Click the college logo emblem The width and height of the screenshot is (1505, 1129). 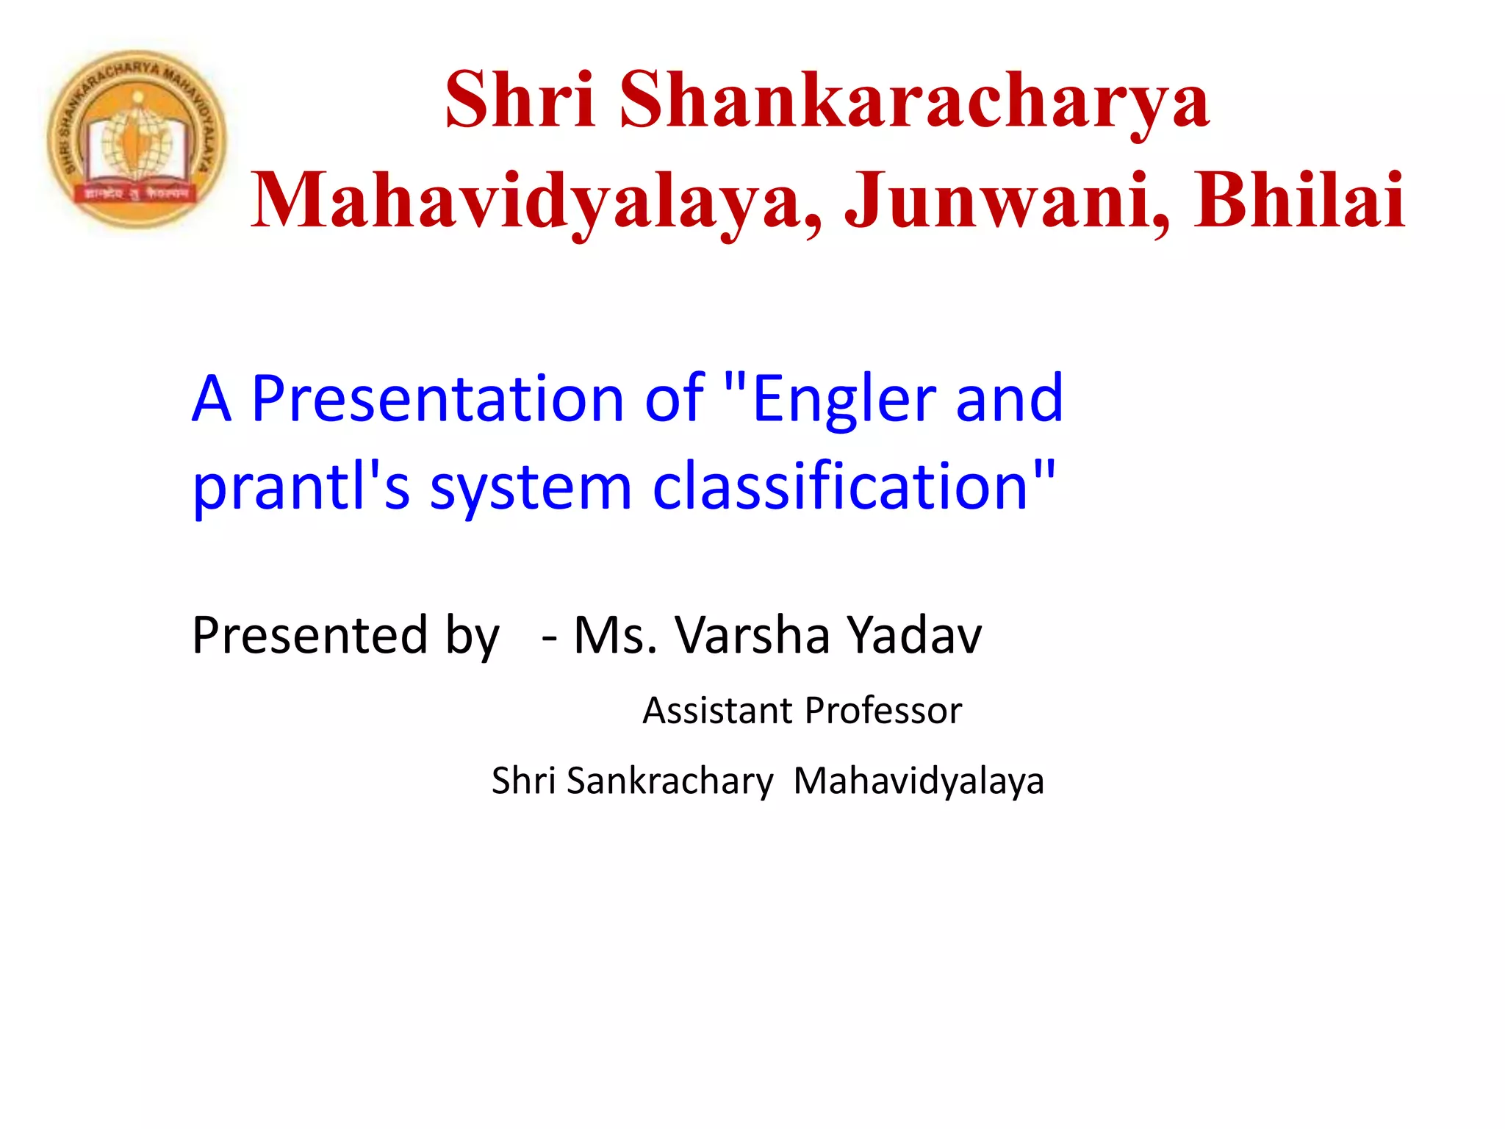pyautogui.click(x=137, y=140)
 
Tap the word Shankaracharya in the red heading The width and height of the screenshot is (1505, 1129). pyautogui.click(x=913, y=101)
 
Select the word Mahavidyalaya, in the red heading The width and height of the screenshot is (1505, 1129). pyautogui.click(x=536, y=200)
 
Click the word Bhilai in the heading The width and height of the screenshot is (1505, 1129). pyautogui.click(x=1299, y=200)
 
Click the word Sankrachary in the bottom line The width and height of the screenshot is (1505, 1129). pyautogui.click(x=669, y=781)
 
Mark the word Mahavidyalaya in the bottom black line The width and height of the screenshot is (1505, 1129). pyautogui.click(x=919, y=781)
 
